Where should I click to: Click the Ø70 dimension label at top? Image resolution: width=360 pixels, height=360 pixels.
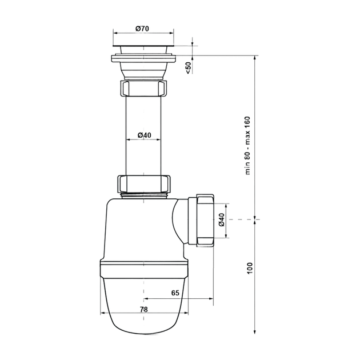click(x=142, y=29)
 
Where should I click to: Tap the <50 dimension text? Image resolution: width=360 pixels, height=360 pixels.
click(x=188, y=68)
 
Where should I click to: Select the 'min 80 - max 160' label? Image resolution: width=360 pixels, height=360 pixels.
click(x=247, y=146)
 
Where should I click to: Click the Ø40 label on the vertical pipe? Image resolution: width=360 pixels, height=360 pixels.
click(x=145, y=135)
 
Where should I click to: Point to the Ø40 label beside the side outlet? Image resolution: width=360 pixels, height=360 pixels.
click(x=221, y=220)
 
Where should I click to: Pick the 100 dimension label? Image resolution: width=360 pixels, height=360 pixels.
click(x=250, y=268)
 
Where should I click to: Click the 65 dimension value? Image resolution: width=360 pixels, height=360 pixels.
click(x=175, y=293)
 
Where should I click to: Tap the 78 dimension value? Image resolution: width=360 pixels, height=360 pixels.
click(x=144, y=310)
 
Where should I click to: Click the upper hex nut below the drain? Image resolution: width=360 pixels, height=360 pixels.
click(x=144, y=88)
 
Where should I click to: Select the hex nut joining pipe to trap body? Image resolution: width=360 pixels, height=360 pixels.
click(x=144, y=184)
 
